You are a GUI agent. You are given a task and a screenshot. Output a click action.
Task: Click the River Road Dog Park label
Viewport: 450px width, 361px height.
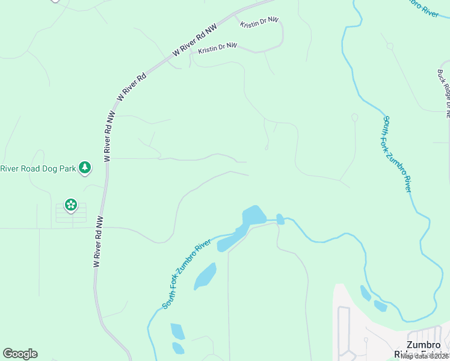click(x=39, y=168)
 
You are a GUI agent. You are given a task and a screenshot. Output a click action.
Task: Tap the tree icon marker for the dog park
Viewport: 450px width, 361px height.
click(x=85, y=167)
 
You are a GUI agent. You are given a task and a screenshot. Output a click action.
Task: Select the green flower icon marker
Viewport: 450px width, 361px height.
click(x=71, y=205)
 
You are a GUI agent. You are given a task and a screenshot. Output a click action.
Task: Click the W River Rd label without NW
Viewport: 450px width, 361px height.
click(x=133, y=87)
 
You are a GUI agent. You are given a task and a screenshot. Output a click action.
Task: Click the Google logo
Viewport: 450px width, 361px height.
click(x=20, y=354)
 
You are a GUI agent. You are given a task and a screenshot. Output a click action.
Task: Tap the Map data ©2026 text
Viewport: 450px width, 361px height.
click(x=425, y=356)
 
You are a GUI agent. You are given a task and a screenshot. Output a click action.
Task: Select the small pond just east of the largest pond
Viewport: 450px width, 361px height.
click(x=280, y=219)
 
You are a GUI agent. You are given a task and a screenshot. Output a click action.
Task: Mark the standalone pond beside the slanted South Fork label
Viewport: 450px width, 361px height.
click(x=206, y=276)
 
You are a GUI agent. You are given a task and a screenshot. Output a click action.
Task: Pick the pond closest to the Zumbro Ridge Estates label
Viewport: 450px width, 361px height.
click(x=380, y=306)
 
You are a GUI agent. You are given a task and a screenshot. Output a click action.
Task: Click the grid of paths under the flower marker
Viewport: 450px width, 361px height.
click(x=71, y=214)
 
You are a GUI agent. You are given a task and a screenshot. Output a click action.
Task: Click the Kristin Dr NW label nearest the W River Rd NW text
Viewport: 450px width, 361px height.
click(x=218, y=46)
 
